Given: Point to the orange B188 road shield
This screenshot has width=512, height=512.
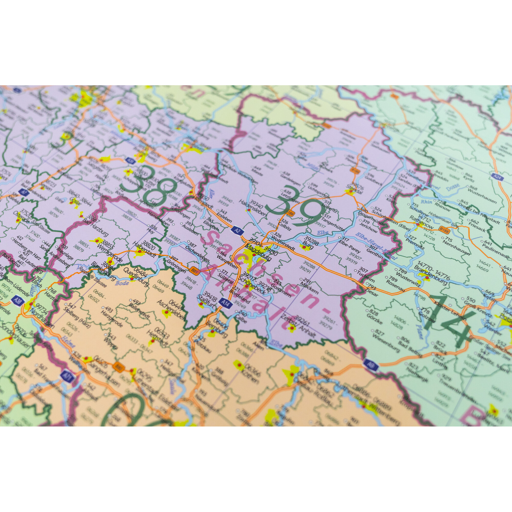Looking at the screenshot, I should click(x=444, y=231).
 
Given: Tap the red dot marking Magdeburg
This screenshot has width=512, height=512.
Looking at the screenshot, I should click(x=254, y=255).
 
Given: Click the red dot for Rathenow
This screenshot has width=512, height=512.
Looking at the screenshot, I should click(x=418, y=225).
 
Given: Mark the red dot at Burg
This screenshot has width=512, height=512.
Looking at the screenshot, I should click(x=304, y=247).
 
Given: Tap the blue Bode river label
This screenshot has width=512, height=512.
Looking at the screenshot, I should click(x=122, y=283).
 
